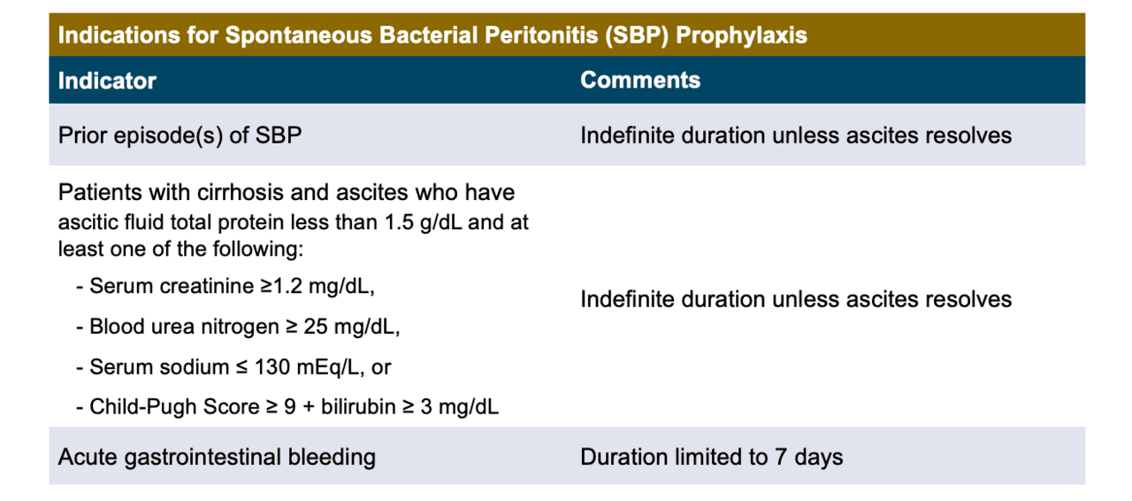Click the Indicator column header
click(107, 81)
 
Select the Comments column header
click(640, 81)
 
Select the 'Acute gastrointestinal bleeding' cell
click(217, 457)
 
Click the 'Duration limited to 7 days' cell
click(711, 457)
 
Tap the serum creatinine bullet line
click(232, 288)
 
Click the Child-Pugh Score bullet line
click(287, 406)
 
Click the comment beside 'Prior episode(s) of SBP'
click(795, 135)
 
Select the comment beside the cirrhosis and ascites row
click(795, 299)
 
